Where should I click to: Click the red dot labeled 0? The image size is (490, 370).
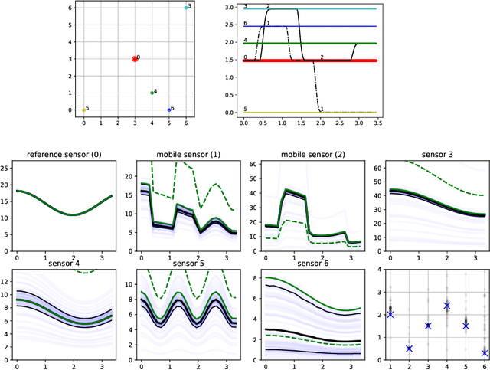click(x=135, y=58)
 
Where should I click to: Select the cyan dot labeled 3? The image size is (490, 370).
click(x=185, y=7)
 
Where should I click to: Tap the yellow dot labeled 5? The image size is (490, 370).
click(x=83, y=110)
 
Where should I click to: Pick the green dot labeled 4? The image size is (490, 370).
click(x=152, y=93)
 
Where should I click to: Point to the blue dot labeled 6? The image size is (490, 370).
click(x=168, y=110)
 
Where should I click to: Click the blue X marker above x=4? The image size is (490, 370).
click(x=446, y=306)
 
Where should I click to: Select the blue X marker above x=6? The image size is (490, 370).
click(x=485, y=352)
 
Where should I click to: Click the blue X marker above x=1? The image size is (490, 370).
click(x=390, y=314)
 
